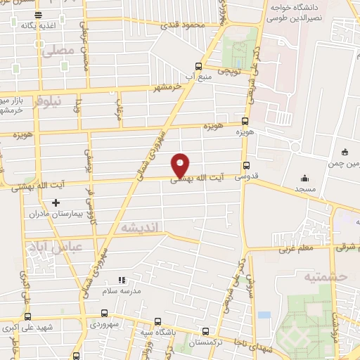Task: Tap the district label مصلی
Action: click(x=58, y=51)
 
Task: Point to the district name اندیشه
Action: click(x=141, y=228)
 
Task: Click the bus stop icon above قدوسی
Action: click(x=245, y=167)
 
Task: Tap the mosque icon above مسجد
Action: click(x=304, y=178)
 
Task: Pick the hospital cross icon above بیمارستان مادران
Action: click(x=56, y=202)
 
